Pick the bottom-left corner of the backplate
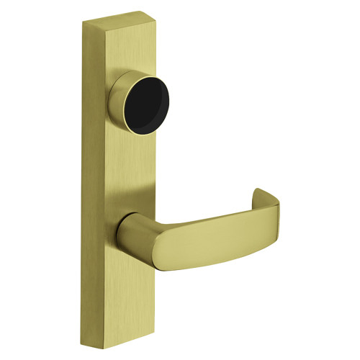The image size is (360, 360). [91, 344]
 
